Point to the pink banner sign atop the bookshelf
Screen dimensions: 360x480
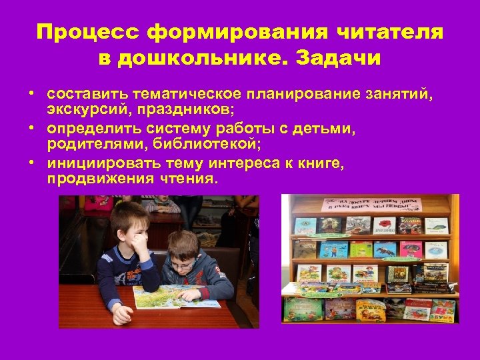[x=371, y=204]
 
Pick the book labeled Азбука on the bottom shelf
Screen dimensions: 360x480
[x=442, y=311]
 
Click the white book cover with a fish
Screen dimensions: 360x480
[x=437, y=225]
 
